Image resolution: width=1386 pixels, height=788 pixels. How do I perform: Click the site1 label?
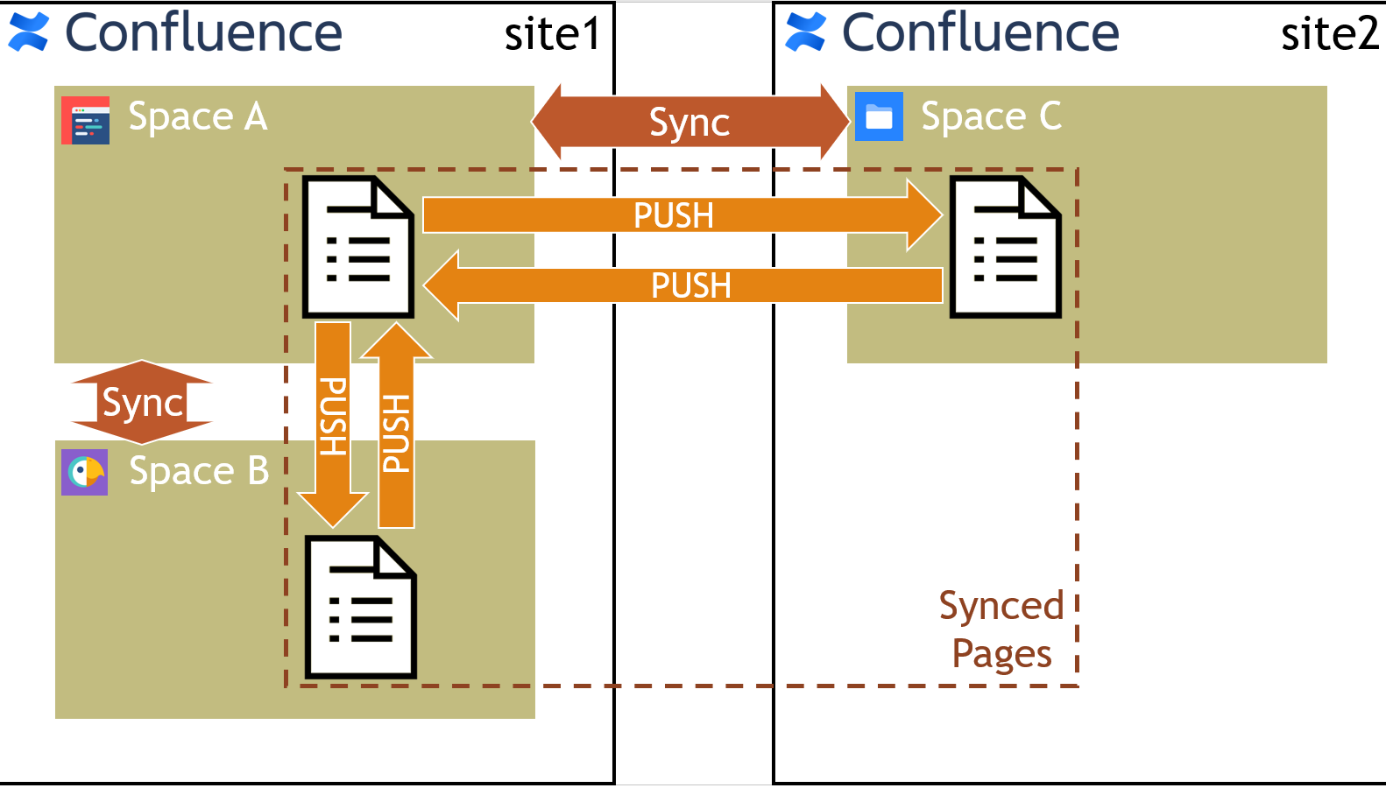pos(552,35)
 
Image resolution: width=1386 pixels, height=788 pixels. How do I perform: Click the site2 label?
pos(1329,35)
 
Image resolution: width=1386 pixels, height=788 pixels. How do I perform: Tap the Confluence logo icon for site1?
pos(29,32)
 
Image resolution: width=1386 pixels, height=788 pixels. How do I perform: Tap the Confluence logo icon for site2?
pos(806,32)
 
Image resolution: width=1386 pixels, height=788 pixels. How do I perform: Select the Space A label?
pos(197,116)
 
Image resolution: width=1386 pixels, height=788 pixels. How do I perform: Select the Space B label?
pos(199,471)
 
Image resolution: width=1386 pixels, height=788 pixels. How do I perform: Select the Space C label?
pos(991,116)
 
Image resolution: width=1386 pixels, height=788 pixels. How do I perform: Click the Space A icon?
pos(86,120)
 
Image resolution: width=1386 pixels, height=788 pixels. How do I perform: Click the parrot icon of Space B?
pos(85,473)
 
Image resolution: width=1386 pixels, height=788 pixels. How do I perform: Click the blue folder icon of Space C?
pos(879,116)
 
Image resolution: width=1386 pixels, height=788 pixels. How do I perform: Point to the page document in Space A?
pos(357,247)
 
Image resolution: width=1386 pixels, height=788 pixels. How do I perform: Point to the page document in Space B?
pos(360,607)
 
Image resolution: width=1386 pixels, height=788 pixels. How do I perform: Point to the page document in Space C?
pos(1006,247)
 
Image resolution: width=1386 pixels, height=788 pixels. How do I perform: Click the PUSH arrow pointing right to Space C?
pos(675,215)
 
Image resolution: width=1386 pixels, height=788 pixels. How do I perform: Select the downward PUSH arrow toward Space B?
pos(333,420)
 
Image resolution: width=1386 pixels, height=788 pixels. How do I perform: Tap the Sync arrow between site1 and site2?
pos(690,123)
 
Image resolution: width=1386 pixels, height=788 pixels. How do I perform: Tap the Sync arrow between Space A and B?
pos(142,403)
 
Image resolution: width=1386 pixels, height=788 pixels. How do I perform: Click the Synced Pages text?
pos(1001,630)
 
